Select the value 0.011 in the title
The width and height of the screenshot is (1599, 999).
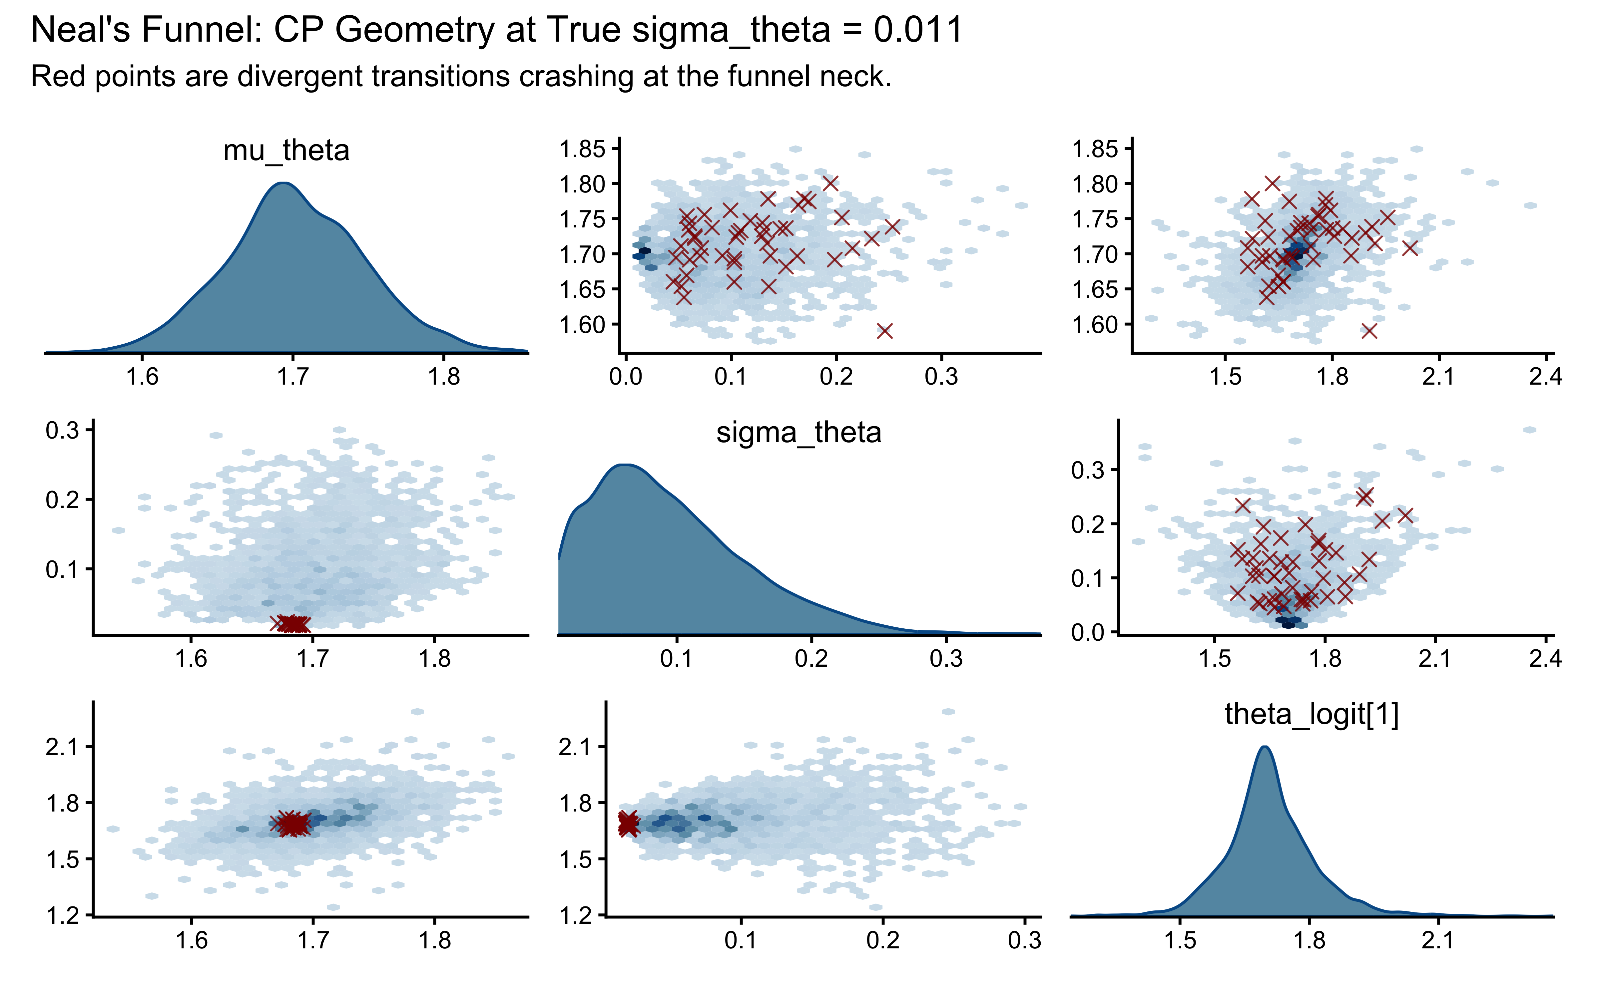(x=918, y=30)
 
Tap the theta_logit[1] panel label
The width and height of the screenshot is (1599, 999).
(x=1312, y=715)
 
